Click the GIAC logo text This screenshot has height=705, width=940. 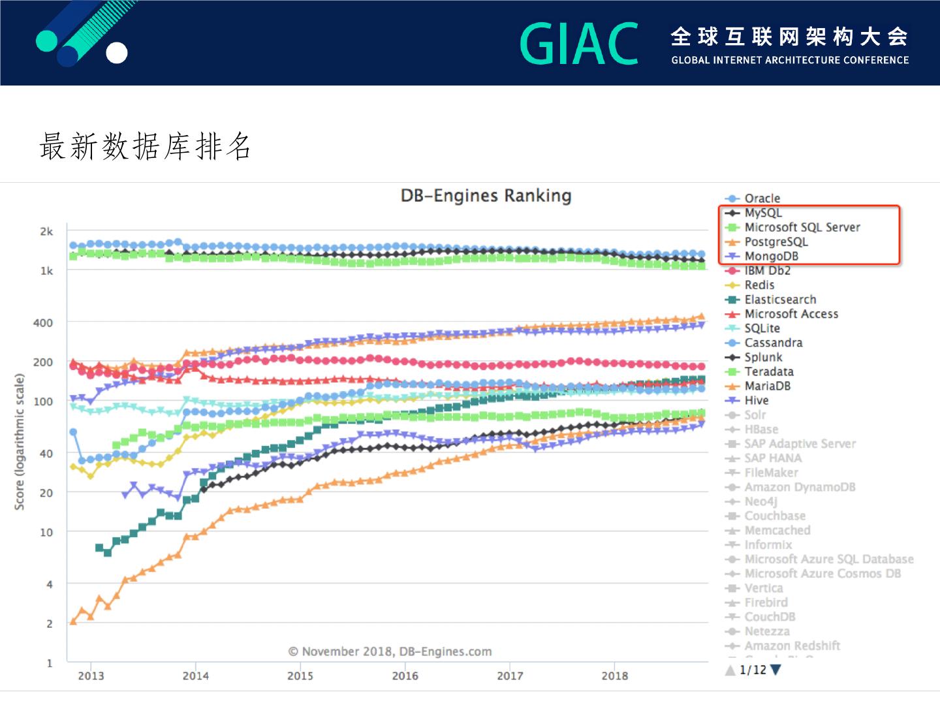click(x=579, y=44)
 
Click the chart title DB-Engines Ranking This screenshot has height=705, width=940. click(x=486, y=196)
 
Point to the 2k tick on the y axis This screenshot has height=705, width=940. click(x=46, y=232)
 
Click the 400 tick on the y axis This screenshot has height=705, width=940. click(x=43, y=322)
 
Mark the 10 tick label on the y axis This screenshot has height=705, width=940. click(x=46, y=532)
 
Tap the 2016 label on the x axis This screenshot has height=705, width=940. click(x=405, y=676)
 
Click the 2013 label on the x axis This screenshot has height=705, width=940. click(x=91, y=676)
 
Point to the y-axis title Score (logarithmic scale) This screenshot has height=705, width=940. click(x=20, y=441)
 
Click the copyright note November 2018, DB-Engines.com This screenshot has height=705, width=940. click(x=390, y=651)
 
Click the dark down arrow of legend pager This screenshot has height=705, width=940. click(x=775, y=670)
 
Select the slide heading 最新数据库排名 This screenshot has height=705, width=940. click(x=145, y=146)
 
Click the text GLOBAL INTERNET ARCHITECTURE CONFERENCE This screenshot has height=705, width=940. click(x=790, y=60)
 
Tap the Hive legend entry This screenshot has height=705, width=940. click(x=756, y=401)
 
